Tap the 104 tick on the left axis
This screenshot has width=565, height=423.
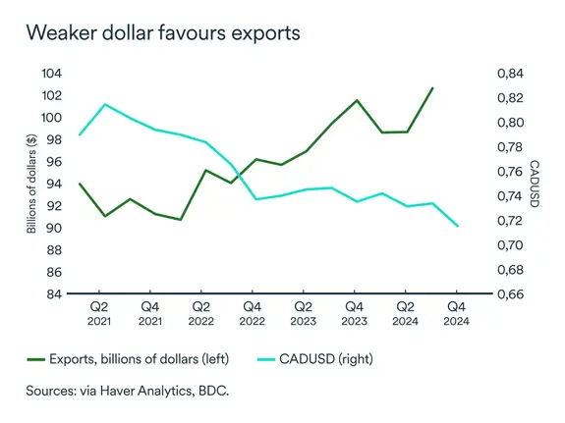coord(51,74)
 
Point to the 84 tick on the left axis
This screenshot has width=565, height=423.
coord(54,294)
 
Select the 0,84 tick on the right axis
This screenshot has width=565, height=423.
coord(511,74)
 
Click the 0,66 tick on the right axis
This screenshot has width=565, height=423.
coord(511,294)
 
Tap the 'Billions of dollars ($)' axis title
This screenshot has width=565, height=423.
coord(31,184)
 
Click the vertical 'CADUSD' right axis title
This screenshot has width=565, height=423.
coord(536,184)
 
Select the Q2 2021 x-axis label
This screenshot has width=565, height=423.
coord(99,312)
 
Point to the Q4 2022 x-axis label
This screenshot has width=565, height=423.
coord(253,312)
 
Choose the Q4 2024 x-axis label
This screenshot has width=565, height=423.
coord(457,312)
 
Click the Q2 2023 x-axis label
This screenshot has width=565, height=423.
coord(304,312)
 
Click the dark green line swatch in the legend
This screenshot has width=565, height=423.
coord(42,359)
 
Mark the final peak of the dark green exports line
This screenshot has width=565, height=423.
coord(432,88)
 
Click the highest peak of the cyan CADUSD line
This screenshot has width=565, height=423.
coord(104,104)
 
